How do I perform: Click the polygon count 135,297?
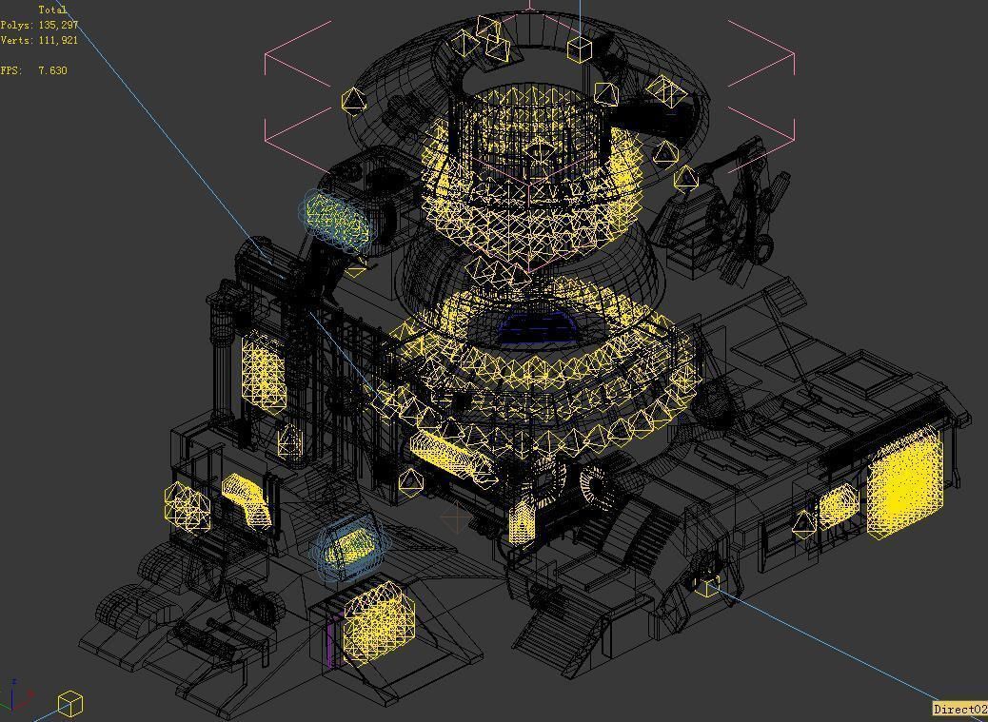pos(58,25)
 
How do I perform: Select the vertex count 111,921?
pos(58,41)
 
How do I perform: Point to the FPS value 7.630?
pos(52,70)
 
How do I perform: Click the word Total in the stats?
pos(52,10)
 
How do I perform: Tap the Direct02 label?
pos(959,709)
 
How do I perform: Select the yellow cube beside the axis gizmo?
pos(70,705)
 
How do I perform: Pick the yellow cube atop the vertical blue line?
pos(580,49)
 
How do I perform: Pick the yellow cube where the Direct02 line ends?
pos(706,586)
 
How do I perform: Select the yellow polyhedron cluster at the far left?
pos(188,507)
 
